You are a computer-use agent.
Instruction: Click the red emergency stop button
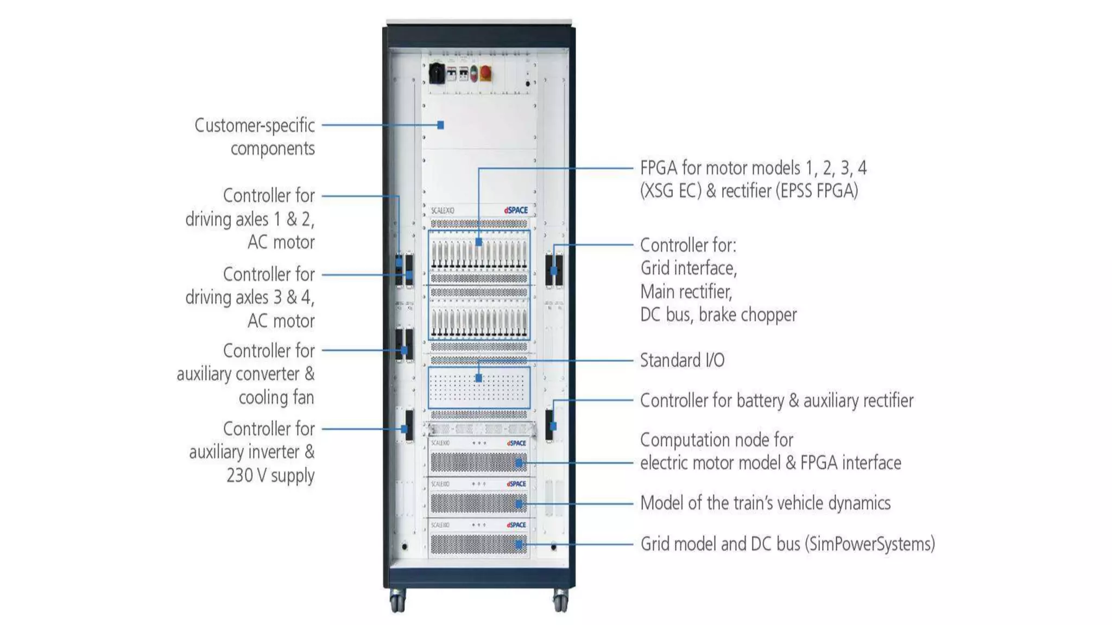coord(486,73)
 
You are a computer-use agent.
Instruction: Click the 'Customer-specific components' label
coord(255,137)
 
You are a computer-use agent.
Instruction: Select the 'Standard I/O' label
coord(682,360)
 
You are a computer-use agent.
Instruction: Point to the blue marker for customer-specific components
coord(441,125)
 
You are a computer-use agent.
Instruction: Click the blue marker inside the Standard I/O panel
coord(478,378)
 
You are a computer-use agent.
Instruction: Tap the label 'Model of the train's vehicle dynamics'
coord(765,503)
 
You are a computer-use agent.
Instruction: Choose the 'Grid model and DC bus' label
coord(787,544)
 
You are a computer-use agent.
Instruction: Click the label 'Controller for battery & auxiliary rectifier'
coord(776,400)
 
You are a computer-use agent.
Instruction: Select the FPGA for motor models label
coord(753,179)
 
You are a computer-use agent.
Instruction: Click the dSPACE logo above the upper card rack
coord(516,210)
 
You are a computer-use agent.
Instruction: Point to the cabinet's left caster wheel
coord(397,601)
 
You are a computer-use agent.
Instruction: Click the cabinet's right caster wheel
coord(560,601)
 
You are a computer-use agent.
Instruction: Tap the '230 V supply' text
coord(270,475)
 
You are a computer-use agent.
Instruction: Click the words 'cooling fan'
coord(276,397)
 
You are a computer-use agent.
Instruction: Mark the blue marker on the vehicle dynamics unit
coord(519,504)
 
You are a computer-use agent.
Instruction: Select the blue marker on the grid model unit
coord(519,544)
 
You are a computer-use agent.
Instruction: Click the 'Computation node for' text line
coord(716,439)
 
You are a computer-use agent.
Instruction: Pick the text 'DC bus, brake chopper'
coord(718,315)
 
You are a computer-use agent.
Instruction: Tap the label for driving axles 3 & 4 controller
coord(250,297)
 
